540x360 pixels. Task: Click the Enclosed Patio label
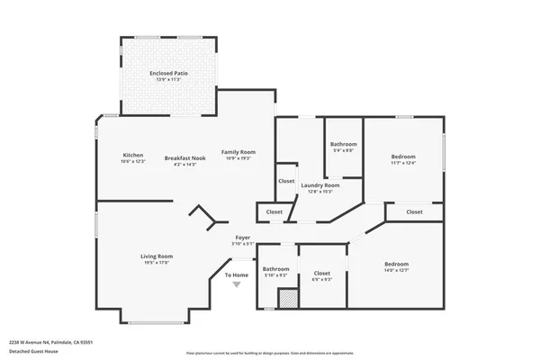(169, 72)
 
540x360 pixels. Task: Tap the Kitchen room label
(132, 156)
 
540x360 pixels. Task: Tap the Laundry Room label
(320, 185)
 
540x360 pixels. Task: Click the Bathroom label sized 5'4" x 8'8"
(344, 144)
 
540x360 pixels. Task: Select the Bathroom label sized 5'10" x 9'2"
(275, 268)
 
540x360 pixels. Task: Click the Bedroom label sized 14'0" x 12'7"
(396, 264)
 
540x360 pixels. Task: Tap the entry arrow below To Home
(237, 285)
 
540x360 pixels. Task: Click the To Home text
(237, 274)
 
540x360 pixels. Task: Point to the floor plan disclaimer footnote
(270, 353)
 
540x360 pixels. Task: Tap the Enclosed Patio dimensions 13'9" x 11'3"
(169, 79)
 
